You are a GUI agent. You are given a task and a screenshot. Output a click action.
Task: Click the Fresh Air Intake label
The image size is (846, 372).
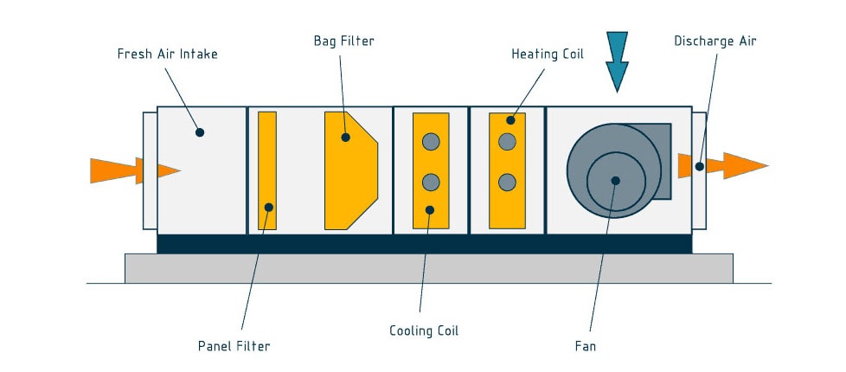tap(167, 54)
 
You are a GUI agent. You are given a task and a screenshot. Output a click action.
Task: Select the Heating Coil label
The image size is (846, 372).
tap(548, 54)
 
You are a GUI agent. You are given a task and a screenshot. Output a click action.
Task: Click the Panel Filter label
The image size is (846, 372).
tap(234, 346)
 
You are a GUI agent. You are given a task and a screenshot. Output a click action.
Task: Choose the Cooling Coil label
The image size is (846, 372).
tap(424, 330)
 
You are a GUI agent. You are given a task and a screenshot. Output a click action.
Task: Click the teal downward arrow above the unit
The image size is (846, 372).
tap(617, 61)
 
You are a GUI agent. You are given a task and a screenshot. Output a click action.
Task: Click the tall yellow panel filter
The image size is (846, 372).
tap(267, 170)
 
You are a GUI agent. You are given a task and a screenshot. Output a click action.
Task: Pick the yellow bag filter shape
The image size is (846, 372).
tap(349, 170)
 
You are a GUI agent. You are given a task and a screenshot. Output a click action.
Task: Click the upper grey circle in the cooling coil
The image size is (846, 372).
tap(431, 142)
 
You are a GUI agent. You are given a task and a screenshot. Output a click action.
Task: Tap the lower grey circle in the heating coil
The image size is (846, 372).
tap(508, 183)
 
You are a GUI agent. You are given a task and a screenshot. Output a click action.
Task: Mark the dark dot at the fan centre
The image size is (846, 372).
tap(615, 181)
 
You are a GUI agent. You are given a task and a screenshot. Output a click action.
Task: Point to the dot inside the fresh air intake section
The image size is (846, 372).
tap(200, 132)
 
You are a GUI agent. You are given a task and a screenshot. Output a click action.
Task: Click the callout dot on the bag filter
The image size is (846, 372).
tap(346, 136)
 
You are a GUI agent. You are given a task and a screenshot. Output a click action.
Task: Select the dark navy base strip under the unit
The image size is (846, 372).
tap(424, 244)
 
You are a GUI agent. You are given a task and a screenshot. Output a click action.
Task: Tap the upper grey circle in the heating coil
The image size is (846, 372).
tap(508, 142)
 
